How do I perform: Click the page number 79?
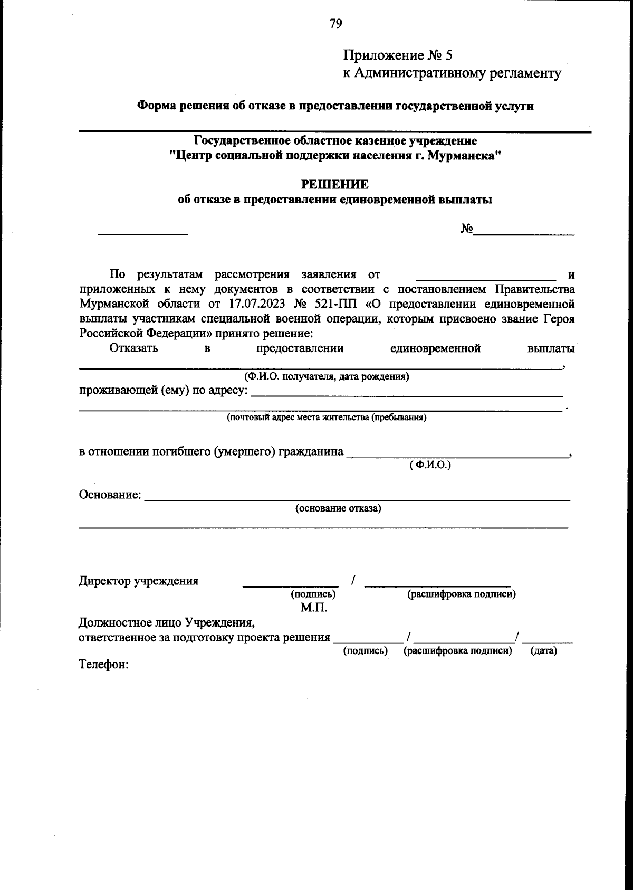pos(335,23)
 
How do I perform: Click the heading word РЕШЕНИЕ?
pos(334,185)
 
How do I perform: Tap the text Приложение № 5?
pos(398,55)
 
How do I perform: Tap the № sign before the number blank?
pos(466,229)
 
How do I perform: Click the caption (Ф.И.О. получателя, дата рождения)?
pos(326,376)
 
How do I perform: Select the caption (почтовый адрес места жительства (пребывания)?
pos(327,418)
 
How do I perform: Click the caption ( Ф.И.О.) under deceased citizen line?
pos(430,465)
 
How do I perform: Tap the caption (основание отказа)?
pos(338,508)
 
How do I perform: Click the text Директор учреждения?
pos(139,581)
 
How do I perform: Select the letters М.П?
pos(314,608)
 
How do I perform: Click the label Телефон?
pos(104,664)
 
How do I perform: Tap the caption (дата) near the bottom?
pos(543,651)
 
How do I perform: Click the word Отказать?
pos(133,348)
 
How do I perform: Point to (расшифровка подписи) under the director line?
pos(461,594)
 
